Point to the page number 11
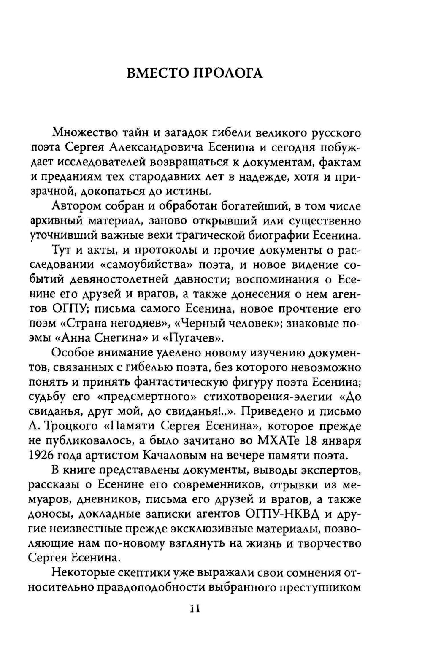tap(195, 608)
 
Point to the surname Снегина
tap(112, 338)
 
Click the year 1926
tap(43, 455)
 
